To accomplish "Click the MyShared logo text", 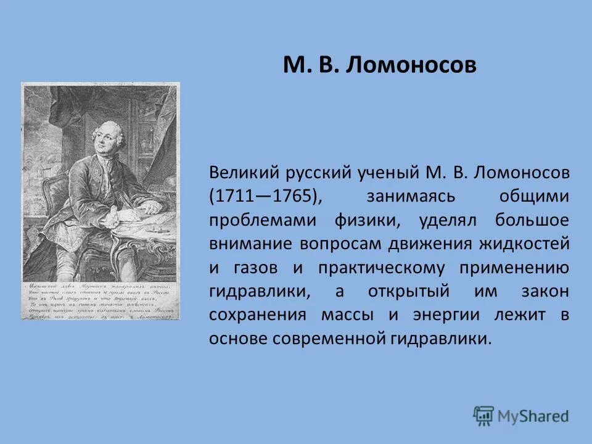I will pos(534,415).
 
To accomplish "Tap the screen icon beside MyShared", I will pos(484,414).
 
